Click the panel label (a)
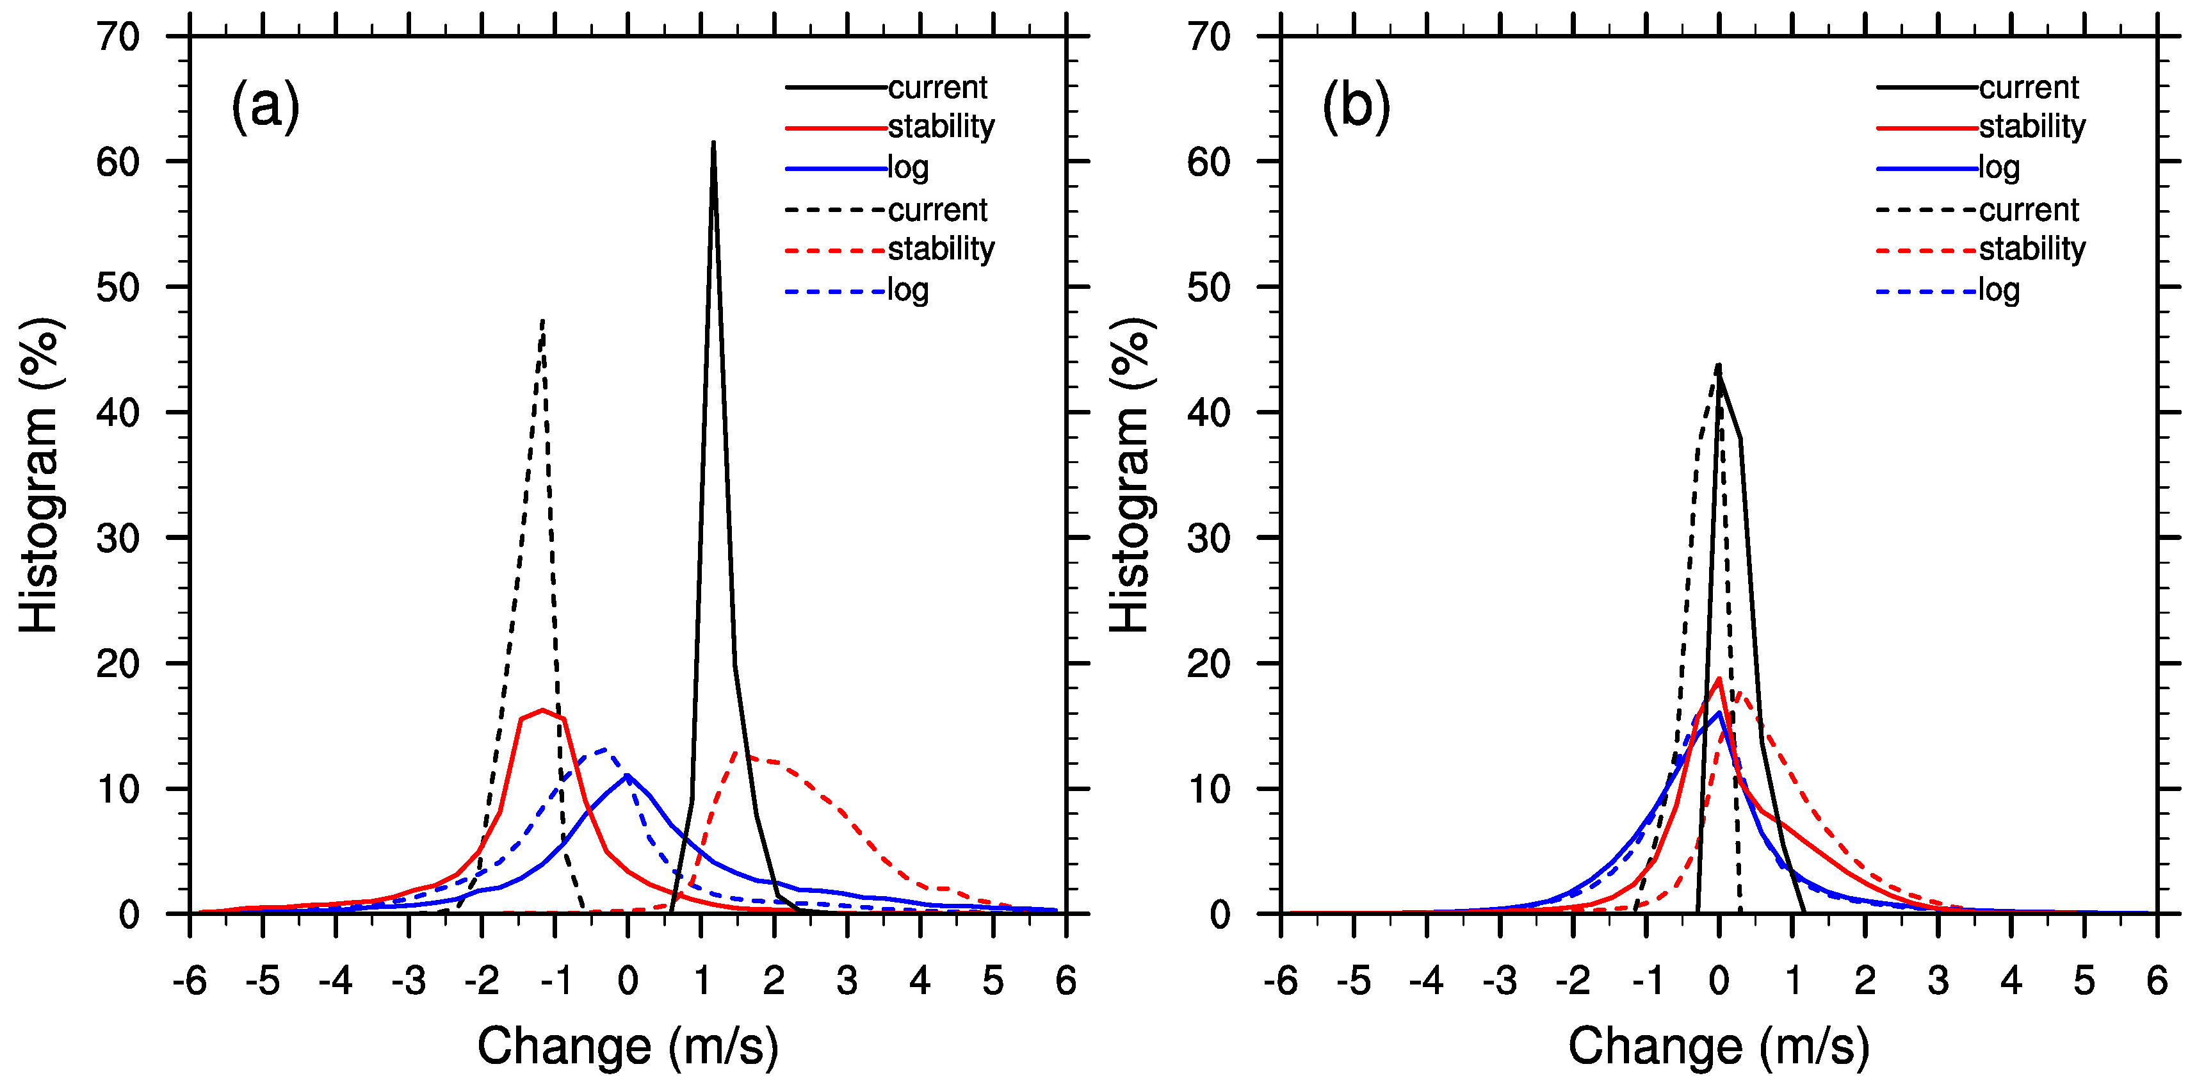tap(265, 106)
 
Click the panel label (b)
tap(1356, 106)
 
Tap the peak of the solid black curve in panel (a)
tap(713, 143)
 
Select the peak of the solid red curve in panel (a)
tap(542, 710)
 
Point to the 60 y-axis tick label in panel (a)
tap(118, 162)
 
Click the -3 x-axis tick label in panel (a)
tap(409, 981)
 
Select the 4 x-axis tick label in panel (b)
tap(2011, 981)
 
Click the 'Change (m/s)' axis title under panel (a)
tap(628, 1046)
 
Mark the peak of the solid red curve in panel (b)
tap(1719, 679)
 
